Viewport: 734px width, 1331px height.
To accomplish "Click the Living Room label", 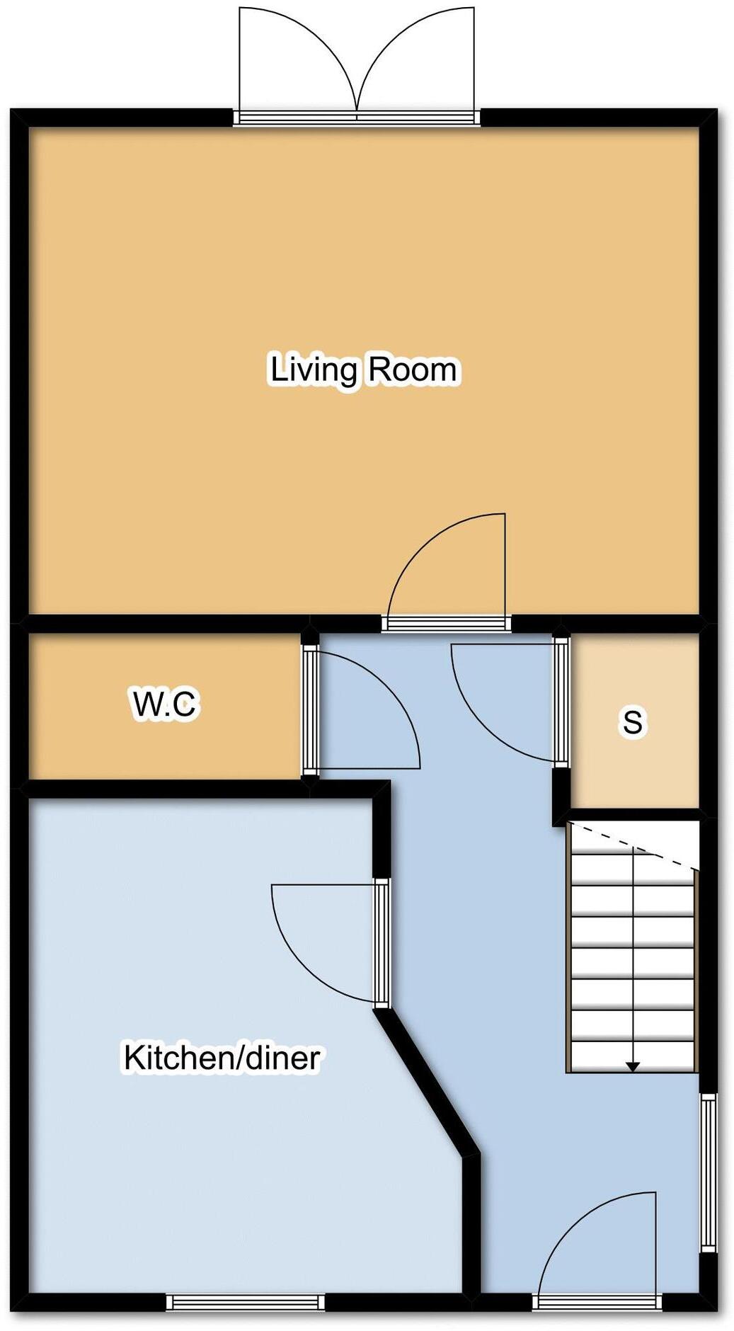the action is coord(365,370).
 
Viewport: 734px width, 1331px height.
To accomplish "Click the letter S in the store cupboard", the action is coord(632,722).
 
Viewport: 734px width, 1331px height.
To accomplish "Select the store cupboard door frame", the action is coord(561,701).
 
